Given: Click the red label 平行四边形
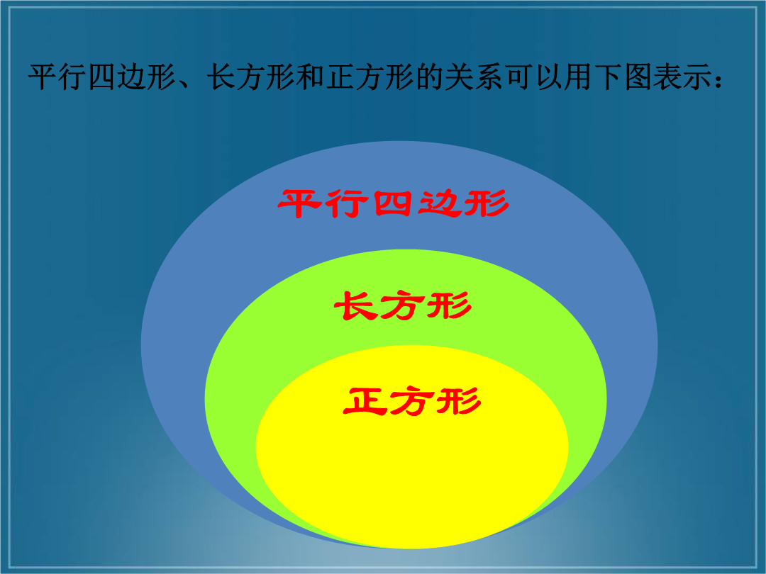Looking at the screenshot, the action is tap(394, 203).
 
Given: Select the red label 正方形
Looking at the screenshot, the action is tap(412, 400).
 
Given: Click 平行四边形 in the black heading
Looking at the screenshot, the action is tap(102, 77).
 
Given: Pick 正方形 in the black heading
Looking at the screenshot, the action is tap(370, 77).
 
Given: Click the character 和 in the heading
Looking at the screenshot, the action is tap(310, 77).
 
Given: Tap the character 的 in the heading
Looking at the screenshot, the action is tap(429, 77).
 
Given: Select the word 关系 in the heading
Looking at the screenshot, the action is tap(474, 77).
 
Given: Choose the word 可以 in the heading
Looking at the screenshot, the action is tap(533, 77).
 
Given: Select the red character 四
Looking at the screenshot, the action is tap(393, 203).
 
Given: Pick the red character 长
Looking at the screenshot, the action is tap(355, 305).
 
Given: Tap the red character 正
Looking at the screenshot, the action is tap(365, 401).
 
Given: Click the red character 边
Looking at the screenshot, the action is tap(440, 203).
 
